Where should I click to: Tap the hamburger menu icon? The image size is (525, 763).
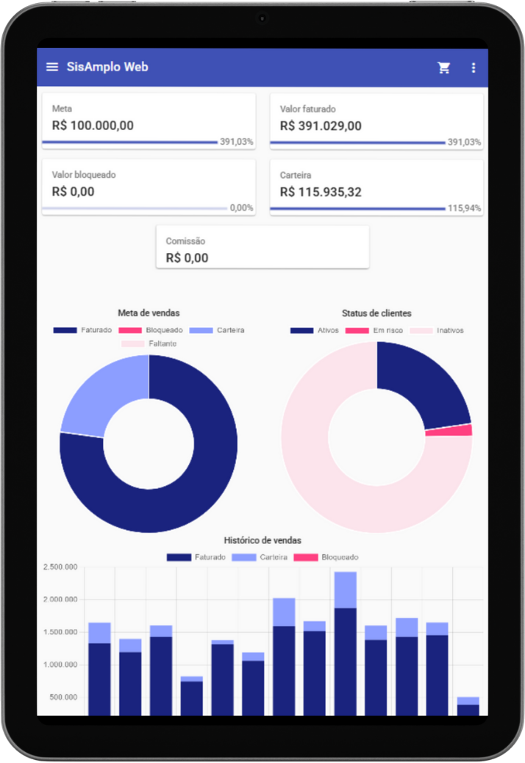click(52, 67)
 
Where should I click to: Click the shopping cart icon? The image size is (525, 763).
click(444, 68)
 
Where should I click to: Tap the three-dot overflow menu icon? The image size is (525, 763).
click(474, 68)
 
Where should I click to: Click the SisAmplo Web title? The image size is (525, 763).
click(107, 67)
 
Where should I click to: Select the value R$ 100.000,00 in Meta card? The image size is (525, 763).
click(93, 125)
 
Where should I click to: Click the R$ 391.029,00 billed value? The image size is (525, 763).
click(321, 126)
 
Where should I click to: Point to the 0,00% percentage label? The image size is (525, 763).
click(241, 208)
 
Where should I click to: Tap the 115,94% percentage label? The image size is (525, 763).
click(464, 208)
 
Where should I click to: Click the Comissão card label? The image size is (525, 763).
click(185, 241)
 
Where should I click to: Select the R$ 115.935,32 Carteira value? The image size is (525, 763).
click(331, 192)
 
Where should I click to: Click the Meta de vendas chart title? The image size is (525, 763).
click(149, 313)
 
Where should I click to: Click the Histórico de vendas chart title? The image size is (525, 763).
click(262, 540)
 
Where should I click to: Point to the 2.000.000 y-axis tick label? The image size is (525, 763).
click(61, 600)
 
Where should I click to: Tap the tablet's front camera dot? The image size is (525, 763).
click(262, 18)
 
